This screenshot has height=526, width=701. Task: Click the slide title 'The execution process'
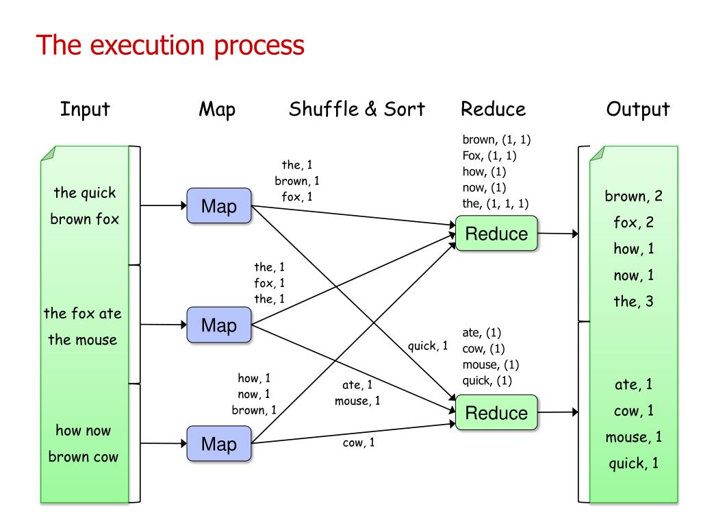pyautogui.click(x=170, y=46)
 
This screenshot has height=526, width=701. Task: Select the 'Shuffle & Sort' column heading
pyautogui.click(x=357, y=109)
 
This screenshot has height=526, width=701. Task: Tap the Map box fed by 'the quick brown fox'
pyautogui.click(x=219, y=205)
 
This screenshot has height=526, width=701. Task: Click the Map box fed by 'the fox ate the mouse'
pyautogui.click(x=219, y=325)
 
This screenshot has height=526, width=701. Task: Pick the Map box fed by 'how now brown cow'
pyautogui.click(x=219, y=444)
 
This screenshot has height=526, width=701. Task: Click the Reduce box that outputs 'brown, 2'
pyautogui.click(x=496, y=234)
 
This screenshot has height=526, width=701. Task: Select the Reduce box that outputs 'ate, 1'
pyautogui.click(x=496, y=412)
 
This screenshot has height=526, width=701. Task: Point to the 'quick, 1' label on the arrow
pyautogui.click(x=427, y=346)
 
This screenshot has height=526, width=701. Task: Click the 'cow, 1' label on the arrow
pyautogui.click(x=359, y=442)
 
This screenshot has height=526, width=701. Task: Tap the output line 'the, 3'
pyautogui.click(x=633, y=301)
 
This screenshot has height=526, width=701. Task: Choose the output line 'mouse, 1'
pyautogui.click(x=633, y=437)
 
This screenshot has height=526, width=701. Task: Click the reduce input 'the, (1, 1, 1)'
pyautogui.click(x=496, y=204)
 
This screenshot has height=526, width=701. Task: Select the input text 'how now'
pyautogui.click(x=83, y=430)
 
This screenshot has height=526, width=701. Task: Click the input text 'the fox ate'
pyautogui.click(x=83, y=313)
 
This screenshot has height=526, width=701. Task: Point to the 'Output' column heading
pyautogui.click(x=638, y=109)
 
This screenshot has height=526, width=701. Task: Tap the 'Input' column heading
pyautogui.click(x=85, y=109)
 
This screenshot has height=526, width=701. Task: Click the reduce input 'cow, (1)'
pyautogui.click(x=483, y=349)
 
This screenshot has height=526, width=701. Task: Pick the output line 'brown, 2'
pyautogui.click(x=633, y=197)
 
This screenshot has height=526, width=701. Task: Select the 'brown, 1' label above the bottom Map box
pyautogui.click(x=254, y=410)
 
